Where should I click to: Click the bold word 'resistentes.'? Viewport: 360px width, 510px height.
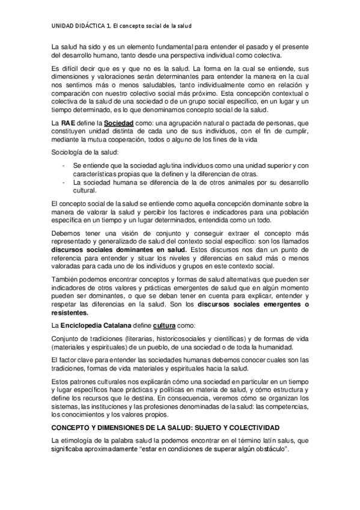pyautogui.click(x=70, y=312)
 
